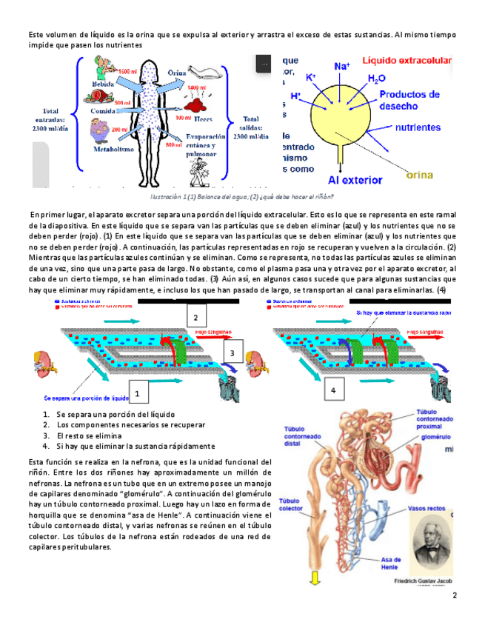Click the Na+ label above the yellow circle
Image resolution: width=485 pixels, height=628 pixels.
(342, 67)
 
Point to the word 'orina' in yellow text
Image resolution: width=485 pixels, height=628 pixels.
(421, 176)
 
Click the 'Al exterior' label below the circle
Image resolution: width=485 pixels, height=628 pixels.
(355, 179)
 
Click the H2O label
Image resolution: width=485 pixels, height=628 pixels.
(376, 79)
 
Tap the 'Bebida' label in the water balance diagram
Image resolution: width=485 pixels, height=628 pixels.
(103, 84)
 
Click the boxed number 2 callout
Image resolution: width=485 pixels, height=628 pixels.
(195, 318)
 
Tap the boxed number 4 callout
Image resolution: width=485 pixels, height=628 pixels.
(333, 390)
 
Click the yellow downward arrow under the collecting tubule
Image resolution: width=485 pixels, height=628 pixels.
(314, 577)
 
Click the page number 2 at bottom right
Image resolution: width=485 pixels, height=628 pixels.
(455, 595)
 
